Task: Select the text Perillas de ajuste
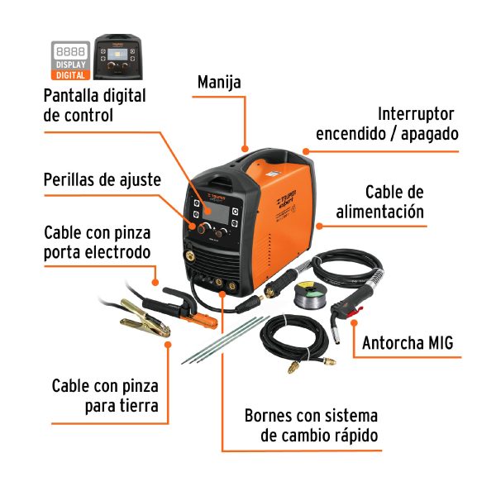(102, 179)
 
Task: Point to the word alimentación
(379, 212)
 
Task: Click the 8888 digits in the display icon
(69, 50)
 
